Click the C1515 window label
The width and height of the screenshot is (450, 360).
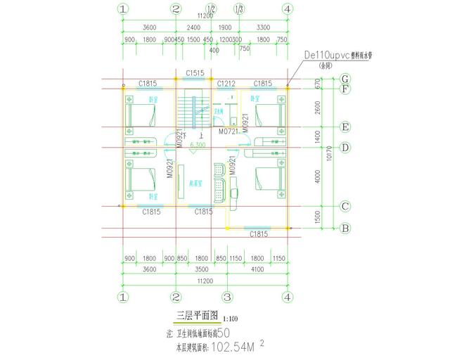click(195, 73)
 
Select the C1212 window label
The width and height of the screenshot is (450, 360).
click(226, 84)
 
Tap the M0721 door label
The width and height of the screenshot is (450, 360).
click(227, 131)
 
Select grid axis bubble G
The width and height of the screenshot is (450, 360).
click(345, 78)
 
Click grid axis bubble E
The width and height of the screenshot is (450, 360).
click(345, 127)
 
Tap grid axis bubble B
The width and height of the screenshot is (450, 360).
click(345, 228)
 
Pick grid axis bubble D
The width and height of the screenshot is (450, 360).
click(345, 147)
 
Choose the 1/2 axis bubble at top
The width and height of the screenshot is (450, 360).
click(212, 8)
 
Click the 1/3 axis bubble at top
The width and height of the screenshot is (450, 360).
click(240, 8)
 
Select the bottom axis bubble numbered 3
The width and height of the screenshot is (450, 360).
click(227, 297)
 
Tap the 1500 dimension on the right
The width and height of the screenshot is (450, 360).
click(317, 217)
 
